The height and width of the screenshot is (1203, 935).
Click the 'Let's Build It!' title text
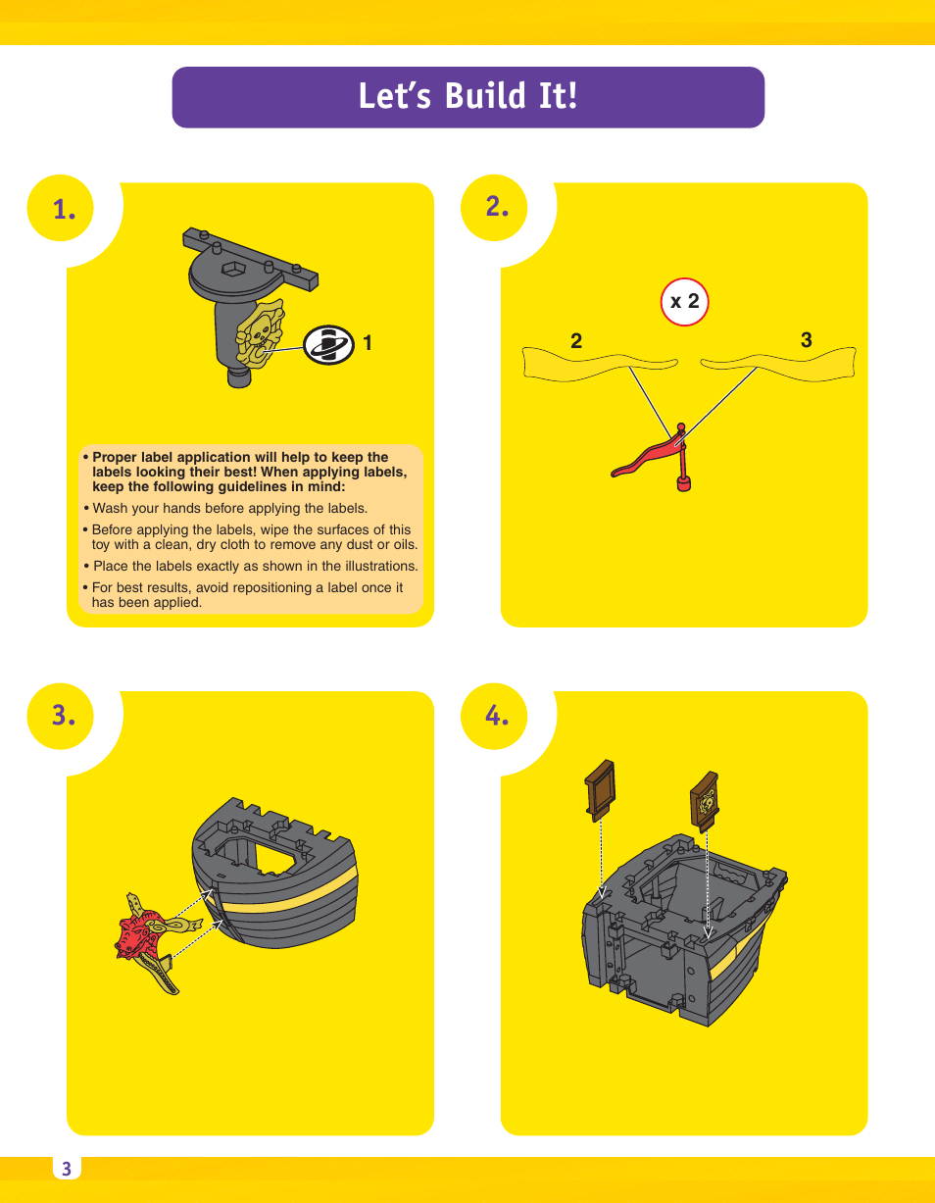click(x=467, y=97)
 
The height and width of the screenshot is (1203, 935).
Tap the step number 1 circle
click(x=64, y=208)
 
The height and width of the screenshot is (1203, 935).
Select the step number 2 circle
click(x=497, y=206)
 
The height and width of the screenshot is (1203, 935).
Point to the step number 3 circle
click(x=64, y=716)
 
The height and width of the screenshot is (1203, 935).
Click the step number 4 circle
click(x=497, y=716)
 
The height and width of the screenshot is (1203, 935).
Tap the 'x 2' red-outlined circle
click(x=684, y=302)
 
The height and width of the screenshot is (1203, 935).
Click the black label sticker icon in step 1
click(x=328, y=344)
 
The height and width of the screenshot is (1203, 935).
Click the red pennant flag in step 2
click(x=647, y=456)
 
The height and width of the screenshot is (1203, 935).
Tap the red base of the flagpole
click(x=684, y=482)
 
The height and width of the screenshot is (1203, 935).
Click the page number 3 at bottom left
click(x=67, y=1169)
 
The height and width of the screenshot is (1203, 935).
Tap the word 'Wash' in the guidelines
click(x=110, y=508)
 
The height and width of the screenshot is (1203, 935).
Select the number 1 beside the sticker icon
click(x=368, y=343)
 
